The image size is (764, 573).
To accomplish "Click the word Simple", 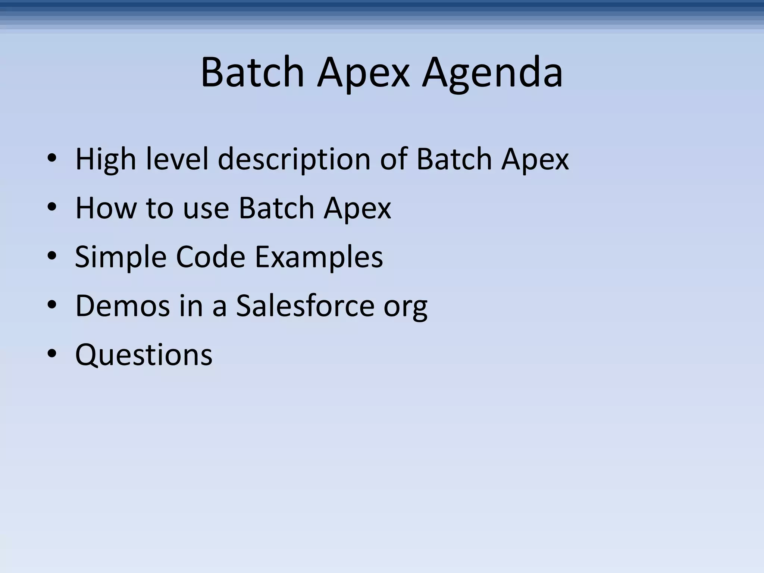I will pos(120,257).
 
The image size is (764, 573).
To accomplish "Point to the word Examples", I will pos(319,257).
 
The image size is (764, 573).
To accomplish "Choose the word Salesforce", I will pos(305,306).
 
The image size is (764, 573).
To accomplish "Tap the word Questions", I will pos(144,354).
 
